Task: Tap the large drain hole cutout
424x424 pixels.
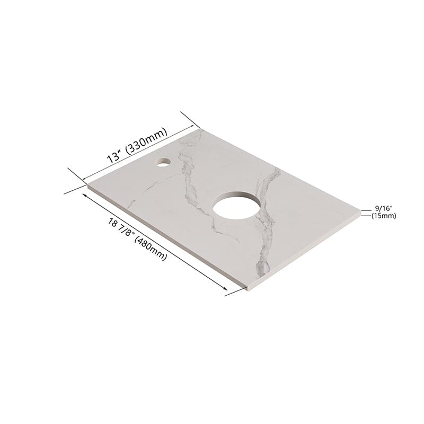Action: (237, 205)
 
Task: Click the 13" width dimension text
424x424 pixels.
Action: (113, 157)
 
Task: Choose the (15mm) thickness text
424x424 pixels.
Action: (383, 216)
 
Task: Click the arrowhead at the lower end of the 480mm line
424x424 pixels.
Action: (225, 288)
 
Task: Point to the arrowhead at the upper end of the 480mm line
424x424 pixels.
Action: (85, 195)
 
